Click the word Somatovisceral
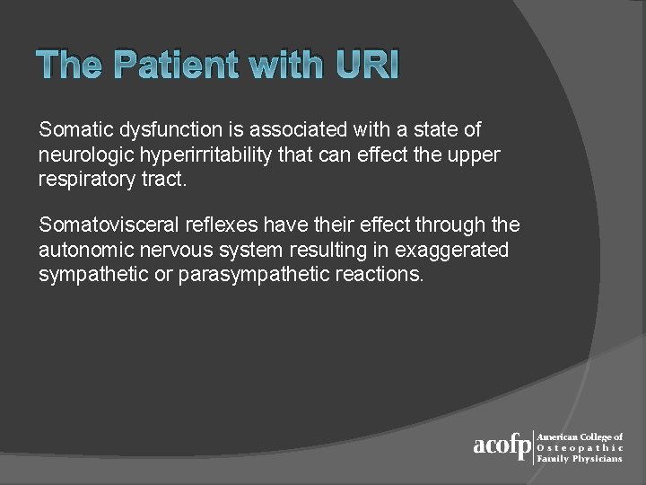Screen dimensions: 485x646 100,225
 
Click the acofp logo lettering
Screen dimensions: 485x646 502,446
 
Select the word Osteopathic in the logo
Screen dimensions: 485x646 579,447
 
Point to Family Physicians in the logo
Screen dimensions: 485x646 579,458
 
